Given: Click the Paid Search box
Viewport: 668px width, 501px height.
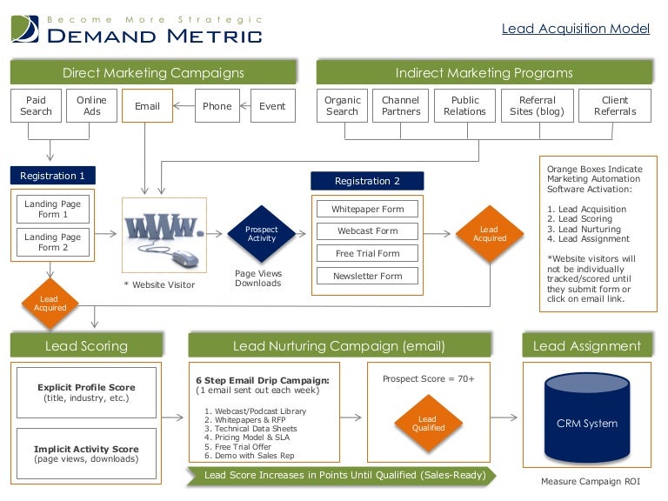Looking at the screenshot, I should pyautogui.click(x=36, y=106).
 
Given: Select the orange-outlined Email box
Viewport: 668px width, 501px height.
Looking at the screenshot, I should pyautogui.click(x=147, y=106).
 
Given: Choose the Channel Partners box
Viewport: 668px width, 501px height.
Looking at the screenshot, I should pyautogui.click(x=400, y=106).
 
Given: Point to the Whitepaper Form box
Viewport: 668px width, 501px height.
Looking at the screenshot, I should pyautogui.click(x=368, y=209).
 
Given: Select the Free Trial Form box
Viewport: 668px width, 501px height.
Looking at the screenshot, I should pyautogui.click(x=368, y=254).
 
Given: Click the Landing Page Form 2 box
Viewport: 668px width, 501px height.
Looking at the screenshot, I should pyautogui.click(x=52, y=242).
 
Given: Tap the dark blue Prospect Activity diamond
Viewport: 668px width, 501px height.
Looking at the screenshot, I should pyautogui.click(x=261, y=233).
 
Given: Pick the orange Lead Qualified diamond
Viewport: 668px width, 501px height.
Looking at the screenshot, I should pyautogui.click(x=428, y=423).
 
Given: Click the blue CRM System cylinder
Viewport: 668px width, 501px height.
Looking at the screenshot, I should pyautogui.click(x=586, y=423).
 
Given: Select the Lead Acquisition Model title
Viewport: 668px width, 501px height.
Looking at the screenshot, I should pyautogui.click(x=576, y=29).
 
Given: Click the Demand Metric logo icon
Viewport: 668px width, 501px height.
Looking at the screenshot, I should pyautogui.click(x=24, y=29).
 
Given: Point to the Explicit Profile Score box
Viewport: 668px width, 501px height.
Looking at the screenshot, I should pyautogui.click(x=87, y=392).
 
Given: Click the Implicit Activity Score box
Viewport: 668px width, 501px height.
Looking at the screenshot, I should pyautogui.click(x=87, y=454).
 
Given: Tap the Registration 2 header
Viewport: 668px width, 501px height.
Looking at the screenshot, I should pyautogui.click(x=367, y=181).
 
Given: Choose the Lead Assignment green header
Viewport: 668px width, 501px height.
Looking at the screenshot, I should pyautogui.click(x=587, y=345).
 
